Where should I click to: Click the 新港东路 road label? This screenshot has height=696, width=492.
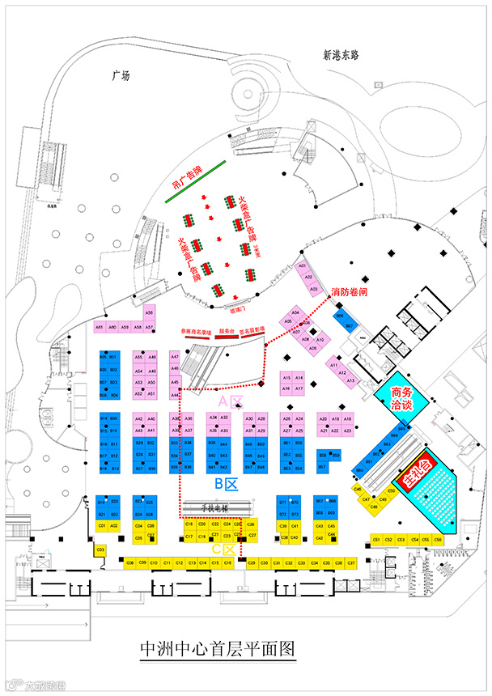(x=340, y=56)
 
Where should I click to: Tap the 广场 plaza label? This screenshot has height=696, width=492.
(x=121, y=75)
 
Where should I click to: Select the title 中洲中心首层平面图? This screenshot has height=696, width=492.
(x=216, y=648)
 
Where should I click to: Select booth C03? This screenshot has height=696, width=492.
(x=101, y=550)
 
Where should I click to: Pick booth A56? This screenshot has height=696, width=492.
(x=149, y=312)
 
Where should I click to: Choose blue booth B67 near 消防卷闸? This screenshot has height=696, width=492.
(x=350, y=325)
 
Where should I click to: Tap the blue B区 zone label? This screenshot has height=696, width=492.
(x=224, y=484)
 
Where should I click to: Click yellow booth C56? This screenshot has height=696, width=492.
(x=438, y=539)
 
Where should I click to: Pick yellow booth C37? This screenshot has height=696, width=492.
(x=351, y=562)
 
